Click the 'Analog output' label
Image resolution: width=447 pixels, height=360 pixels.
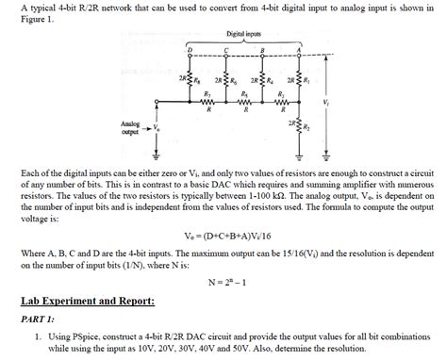point(130,127)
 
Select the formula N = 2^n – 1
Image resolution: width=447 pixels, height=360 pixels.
point(224,282)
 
